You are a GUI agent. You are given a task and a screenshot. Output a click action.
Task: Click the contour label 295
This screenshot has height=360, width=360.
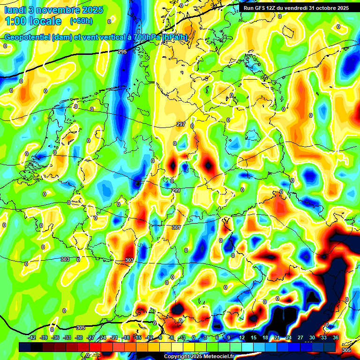point(122,52)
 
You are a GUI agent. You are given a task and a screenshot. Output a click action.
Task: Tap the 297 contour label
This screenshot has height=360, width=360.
point(181,124)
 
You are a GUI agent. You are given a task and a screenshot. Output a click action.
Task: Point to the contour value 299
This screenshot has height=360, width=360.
point(175,190)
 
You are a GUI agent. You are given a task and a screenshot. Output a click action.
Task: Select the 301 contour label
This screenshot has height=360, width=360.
point(176,227)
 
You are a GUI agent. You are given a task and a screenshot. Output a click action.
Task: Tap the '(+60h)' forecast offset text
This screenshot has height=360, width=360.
point(81,21)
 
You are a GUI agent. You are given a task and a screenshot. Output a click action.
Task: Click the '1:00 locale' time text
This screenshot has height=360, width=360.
point(33,22)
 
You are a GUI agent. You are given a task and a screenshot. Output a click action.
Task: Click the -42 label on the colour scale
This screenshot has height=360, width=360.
point(32,337)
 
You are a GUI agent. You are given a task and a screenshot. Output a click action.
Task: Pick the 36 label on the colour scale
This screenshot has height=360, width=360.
point(336,337)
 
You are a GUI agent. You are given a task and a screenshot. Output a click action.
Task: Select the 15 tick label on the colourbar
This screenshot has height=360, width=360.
point(253,337)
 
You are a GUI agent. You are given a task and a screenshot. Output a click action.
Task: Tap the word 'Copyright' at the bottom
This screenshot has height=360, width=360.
point(176,356)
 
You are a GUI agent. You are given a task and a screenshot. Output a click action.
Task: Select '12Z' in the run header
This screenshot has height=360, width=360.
point(277,8)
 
